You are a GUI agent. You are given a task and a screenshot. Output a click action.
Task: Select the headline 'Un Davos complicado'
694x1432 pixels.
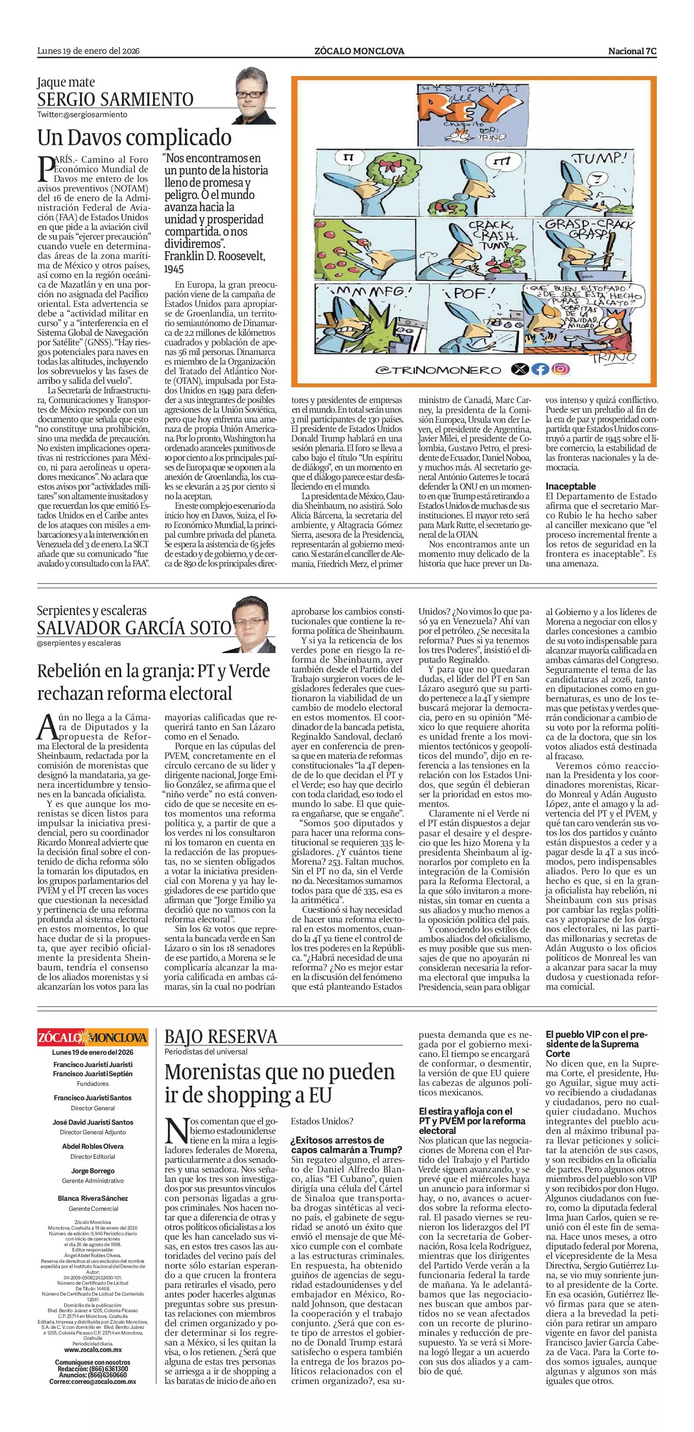coord(134,137)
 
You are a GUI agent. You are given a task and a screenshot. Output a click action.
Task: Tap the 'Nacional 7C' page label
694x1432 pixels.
coord(632,51)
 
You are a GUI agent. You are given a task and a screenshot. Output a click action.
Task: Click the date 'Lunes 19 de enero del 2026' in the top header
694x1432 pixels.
coord(88,51)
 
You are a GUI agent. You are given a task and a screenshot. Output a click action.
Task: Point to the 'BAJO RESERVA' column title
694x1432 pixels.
coord(221,1037)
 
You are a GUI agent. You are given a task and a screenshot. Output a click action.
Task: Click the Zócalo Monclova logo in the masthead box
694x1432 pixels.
coord(93,1038)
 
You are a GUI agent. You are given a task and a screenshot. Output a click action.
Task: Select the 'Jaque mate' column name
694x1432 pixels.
coord(66,82)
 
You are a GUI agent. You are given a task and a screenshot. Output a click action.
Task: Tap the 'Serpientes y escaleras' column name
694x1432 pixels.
coord(92,610)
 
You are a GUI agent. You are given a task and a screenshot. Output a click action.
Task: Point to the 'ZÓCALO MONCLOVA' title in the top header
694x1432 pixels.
coord(359,51)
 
